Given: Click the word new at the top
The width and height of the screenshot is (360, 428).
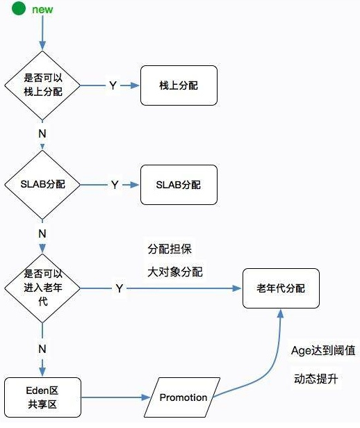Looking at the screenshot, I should click(42, 10).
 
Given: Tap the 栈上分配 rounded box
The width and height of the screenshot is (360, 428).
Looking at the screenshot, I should click(179, 85).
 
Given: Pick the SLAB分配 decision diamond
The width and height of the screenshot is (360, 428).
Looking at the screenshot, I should click(42, 185).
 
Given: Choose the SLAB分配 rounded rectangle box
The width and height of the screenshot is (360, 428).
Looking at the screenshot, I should click(179, 185).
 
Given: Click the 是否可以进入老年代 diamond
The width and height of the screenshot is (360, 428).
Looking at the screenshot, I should click(42, 288).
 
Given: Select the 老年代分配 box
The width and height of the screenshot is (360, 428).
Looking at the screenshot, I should click(281, 288).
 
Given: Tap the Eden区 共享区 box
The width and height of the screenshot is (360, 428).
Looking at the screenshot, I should click(42, 397).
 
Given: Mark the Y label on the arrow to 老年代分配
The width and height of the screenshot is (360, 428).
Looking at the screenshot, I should click(120, 288).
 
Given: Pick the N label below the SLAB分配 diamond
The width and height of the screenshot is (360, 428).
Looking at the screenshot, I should click(42, 233).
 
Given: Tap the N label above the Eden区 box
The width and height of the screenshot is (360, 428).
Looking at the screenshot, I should click(42, 347).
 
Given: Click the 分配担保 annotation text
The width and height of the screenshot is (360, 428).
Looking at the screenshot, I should click(170, 249).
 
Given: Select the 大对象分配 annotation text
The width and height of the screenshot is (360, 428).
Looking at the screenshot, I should click(175, 272).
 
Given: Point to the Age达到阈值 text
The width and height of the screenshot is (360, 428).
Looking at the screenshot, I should click(323, 351).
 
